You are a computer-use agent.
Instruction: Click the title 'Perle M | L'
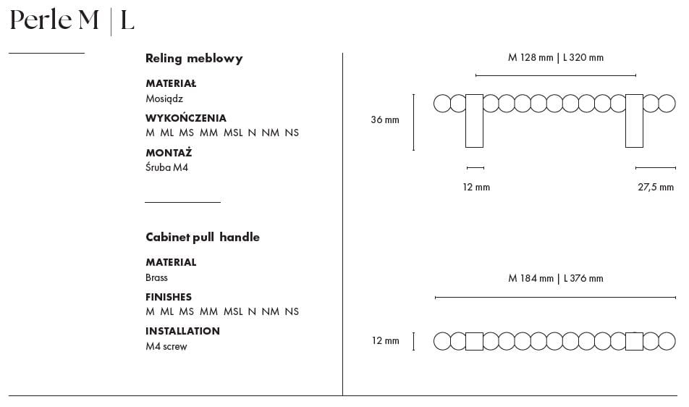[x=72, y=20]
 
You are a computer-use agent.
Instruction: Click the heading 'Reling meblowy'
[x=194, y=59]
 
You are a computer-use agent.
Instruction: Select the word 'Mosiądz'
[x=164, y=98]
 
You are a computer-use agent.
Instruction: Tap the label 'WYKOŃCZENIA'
[x=186, y=118]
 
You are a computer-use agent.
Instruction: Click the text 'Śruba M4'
[x=167, y=167]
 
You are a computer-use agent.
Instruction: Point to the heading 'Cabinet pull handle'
[x=203, y=238]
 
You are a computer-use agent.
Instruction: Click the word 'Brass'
[x=156, y=277]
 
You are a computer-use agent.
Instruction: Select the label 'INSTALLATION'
[x=182, y=331]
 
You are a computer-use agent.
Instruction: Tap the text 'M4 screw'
[x=166, y=346]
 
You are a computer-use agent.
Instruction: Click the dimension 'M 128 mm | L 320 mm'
[x=556, y=58]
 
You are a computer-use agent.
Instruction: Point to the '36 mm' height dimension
[x=385, y=120]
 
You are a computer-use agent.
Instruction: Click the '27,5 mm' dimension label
[x=656, y=187]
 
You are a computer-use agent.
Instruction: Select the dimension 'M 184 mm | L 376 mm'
[x=556, y=278]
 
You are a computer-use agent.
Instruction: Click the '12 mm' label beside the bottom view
[x=385, y=341]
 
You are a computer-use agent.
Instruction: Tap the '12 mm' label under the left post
[x=476, y=187]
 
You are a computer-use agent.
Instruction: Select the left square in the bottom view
[x=475, y=341]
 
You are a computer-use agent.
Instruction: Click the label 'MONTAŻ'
[x=169, y=153]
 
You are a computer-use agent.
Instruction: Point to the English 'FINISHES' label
[x=169, y=297]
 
